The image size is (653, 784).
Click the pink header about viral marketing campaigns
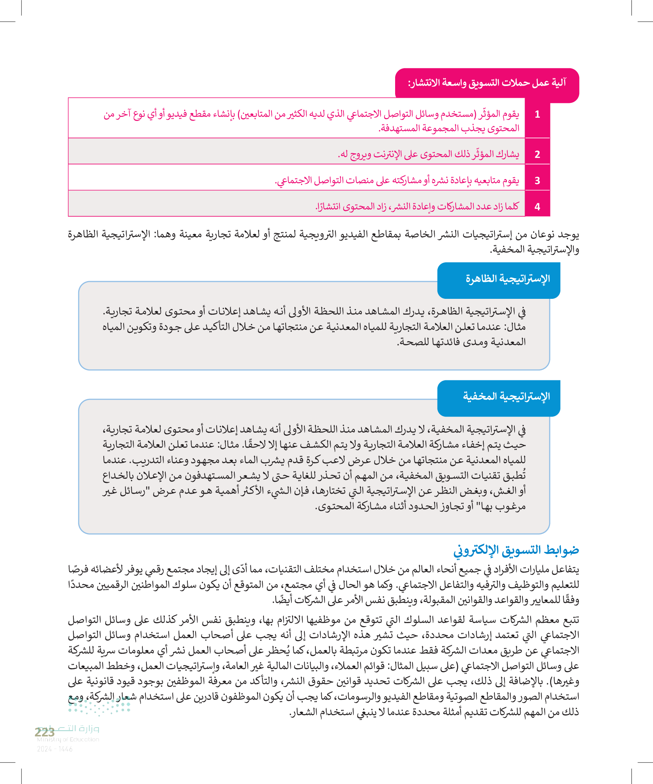click(487, 83)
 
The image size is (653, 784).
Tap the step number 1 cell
click(537, 115)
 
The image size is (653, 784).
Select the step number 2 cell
click(537, 154)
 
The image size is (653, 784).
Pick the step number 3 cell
click(537, 181)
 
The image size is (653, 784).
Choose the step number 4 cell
click(537, 207)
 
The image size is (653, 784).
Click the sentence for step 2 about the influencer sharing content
click(428, 154)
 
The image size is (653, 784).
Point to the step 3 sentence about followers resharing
click(397, 181)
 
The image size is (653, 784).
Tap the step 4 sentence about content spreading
click(417, 207)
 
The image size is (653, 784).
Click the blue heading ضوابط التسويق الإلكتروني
click(516, 550)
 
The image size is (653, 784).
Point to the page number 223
click(44, 732)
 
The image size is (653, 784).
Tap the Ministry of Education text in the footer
click(68, 740)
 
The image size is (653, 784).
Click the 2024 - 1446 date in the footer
click(55, 749)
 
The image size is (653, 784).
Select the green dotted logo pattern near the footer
click(99, 707)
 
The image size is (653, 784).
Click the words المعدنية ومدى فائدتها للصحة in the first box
click(461, 342)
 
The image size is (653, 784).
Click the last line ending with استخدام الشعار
click(434, 712)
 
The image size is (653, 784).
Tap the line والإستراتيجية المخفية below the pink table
click(534, 249)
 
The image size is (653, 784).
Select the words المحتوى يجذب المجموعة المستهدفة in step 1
click(449, 128)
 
